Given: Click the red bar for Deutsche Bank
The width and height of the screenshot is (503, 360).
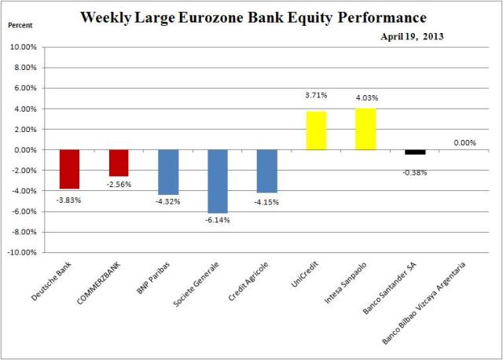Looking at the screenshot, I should click(x=69, y=169).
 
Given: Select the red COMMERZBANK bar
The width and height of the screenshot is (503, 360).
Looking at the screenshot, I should click(x=118, y=163).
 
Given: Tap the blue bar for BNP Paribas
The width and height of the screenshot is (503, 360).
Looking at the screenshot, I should click(x=168, y=171).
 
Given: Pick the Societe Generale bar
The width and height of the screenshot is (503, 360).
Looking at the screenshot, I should click(x=218, y=181).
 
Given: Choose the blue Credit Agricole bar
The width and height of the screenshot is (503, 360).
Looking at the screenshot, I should click(x=267, y=171).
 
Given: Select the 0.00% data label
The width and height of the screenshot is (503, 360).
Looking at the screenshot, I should click(x=464, y=142).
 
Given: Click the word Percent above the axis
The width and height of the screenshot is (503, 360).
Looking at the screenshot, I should click(x=21, y=25).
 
